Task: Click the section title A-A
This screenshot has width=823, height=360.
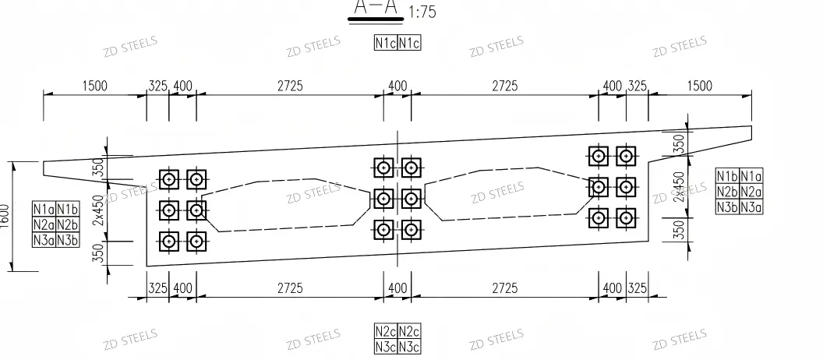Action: click(376, 6)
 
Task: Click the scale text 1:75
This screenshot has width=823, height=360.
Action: click(422, 12)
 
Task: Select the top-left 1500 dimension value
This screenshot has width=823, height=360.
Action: click(94, 86)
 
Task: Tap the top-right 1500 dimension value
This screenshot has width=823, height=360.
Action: click(699, 86)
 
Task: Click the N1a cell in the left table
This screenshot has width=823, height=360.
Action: click(44, 210)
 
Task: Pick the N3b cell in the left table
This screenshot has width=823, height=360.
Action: click(68, 240)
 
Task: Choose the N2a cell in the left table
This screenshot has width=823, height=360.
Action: click(44, 224)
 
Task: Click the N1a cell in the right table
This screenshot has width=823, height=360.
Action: click(751, 176)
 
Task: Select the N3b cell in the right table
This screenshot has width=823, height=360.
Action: click(727, 206)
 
